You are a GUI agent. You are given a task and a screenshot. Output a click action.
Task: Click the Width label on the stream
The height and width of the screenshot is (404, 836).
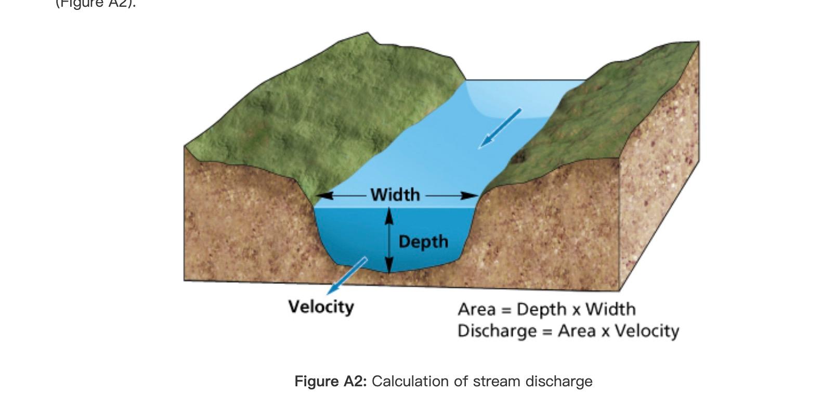tap(395, 195)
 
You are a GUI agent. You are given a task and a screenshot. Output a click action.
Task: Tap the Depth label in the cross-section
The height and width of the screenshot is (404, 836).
tap(423, 242)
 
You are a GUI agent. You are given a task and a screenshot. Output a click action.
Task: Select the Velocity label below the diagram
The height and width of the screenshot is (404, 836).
tap(321, 307)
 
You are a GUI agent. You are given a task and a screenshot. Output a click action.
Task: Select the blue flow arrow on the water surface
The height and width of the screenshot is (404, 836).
tap(499, 128)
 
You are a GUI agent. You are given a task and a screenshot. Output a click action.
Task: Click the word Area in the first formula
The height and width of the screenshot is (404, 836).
tap(476, 310)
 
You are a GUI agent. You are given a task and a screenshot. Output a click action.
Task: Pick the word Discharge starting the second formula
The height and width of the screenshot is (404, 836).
tap(497, 331)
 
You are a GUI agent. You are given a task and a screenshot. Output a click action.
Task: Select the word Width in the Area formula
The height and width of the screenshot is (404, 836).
tap(610, 310)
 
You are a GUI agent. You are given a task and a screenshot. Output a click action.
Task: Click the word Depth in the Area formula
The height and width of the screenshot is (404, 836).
tap(541, 310)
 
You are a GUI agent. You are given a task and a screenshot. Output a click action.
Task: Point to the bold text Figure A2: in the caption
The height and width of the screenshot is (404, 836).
tap(331, 382)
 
